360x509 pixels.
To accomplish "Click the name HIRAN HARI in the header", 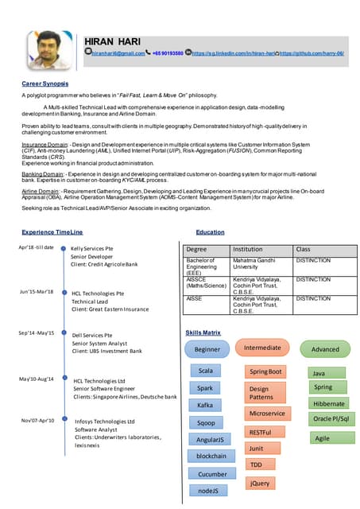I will (114, 40).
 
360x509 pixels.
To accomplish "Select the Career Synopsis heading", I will (45, 83).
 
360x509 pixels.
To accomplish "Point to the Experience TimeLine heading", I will (52, 232).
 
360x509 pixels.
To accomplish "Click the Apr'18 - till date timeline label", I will (37, 247).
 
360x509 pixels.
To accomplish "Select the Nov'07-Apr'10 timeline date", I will (37, 420).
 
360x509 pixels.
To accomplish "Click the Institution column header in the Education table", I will (247, 249).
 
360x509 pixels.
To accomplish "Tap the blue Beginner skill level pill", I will (207, 349).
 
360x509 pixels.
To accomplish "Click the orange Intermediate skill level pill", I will (262, 348).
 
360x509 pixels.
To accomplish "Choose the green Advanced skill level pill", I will (324, 349).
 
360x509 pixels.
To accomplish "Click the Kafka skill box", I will (205, 406).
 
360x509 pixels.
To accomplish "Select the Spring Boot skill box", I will (266, 371).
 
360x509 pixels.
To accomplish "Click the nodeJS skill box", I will (207, 491).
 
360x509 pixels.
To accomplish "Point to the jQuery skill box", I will (260, 483).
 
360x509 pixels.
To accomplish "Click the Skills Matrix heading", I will (203, 332).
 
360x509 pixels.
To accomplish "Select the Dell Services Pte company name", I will (92, 336).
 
